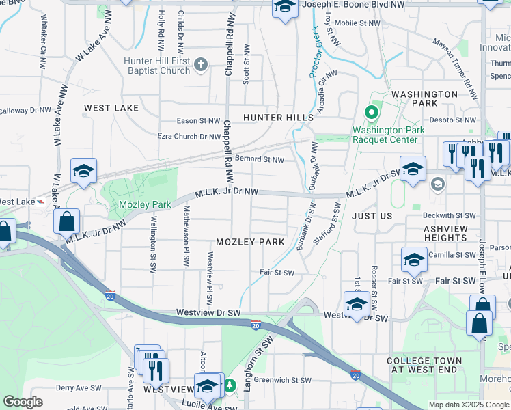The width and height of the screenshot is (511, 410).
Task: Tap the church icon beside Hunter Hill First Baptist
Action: point(200,66)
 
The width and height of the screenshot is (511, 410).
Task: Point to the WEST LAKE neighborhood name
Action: point(111,108)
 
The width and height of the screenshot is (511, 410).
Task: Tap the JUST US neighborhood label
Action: point(372,215)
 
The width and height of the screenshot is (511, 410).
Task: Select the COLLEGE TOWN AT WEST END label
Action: point(424,366)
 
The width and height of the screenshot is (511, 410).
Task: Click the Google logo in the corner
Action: point(23,402)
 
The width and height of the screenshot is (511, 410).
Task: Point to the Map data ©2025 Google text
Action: point(469,405)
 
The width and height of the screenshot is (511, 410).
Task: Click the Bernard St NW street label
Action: point(259,160)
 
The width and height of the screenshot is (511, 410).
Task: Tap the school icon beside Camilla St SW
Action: point(414,260)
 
